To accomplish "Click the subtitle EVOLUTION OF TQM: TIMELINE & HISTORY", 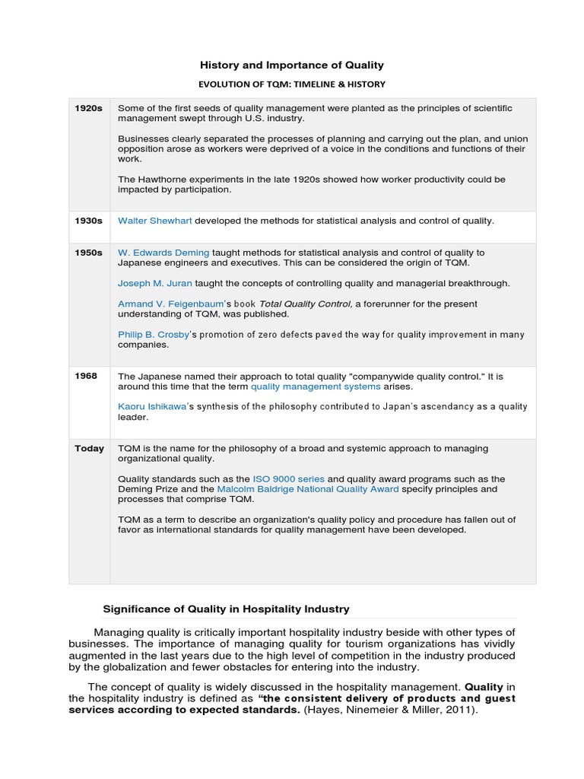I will tap(292, 84).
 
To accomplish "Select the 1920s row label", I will tap(88, 109).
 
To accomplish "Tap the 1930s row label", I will tap(88, 221).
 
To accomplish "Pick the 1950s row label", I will tap(88, 253).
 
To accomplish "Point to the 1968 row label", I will tap(86, 377).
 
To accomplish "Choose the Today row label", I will tap(89, 449).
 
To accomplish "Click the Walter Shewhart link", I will tap(154, 221).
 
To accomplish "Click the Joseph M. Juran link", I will tap(154, 283).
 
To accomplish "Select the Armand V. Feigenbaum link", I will tap(165, 304).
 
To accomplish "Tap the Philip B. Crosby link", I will tap(154, 334).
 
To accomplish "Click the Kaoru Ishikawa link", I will tap(152, 407).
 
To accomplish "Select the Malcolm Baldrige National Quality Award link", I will tap(308, 489).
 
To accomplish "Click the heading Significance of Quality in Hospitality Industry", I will tap(226, 609).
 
